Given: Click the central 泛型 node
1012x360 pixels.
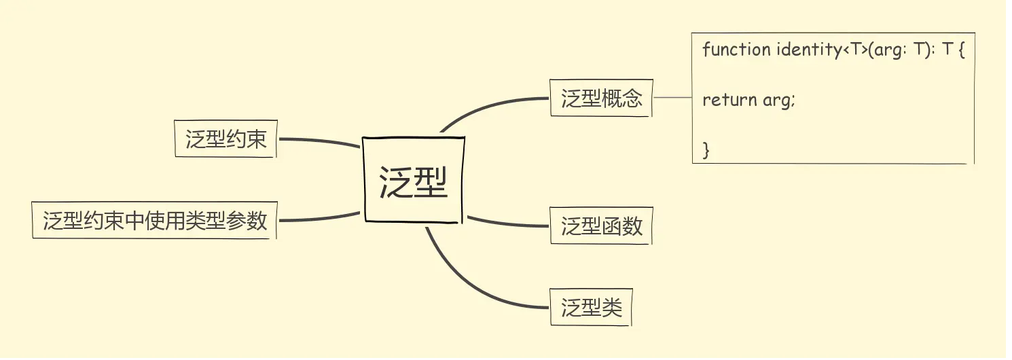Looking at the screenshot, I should (414, 180).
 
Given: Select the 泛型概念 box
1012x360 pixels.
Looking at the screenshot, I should (601, 98).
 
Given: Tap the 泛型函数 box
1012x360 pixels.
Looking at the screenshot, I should (601, 226).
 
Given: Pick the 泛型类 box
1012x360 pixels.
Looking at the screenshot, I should (591, 308).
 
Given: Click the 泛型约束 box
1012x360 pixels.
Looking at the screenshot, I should (225, 139).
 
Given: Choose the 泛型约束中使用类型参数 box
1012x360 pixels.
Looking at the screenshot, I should (155, 220).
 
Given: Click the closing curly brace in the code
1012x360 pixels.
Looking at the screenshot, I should (706, 149).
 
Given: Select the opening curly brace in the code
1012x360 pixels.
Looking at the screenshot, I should (960, 50).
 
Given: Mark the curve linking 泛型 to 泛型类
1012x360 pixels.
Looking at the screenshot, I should (469, 285).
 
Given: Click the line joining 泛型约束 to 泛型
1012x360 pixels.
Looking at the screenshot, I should (319, 140).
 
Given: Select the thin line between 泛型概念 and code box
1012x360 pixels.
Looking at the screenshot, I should (672, 98).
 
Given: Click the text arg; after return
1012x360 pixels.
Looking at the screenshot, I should (778, 101).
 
